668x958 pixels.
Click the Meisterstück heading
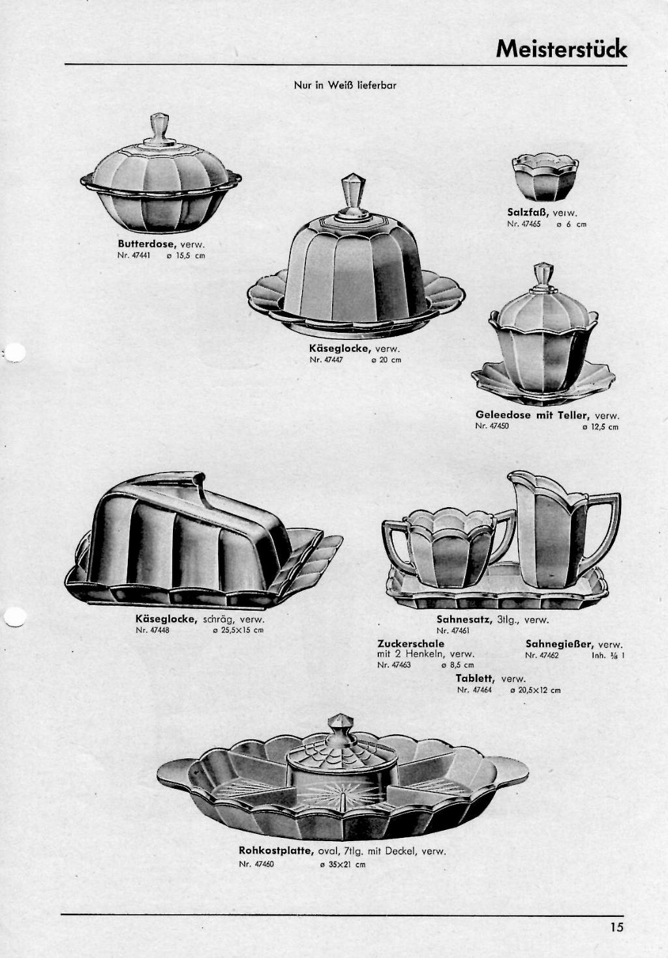pyautogui.click(x=562, y=49)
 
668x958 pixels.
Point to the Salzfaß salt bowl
pyautogui.click(x=545, y=178)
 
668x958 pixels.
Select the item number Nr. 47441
pyautogui.click(x=134, y=256)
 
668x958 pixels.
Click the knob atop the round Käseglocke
pyautogui.click(x=352, y=196)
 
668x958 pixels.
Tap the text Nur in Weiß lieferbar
pyautogui.click(x=345, y=85)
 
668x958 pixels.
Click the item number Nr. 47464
pyautogui.click(x=474, y=690)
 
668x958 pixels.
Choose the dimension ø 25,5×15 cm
pyautogui.click(x=237, y=630)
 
